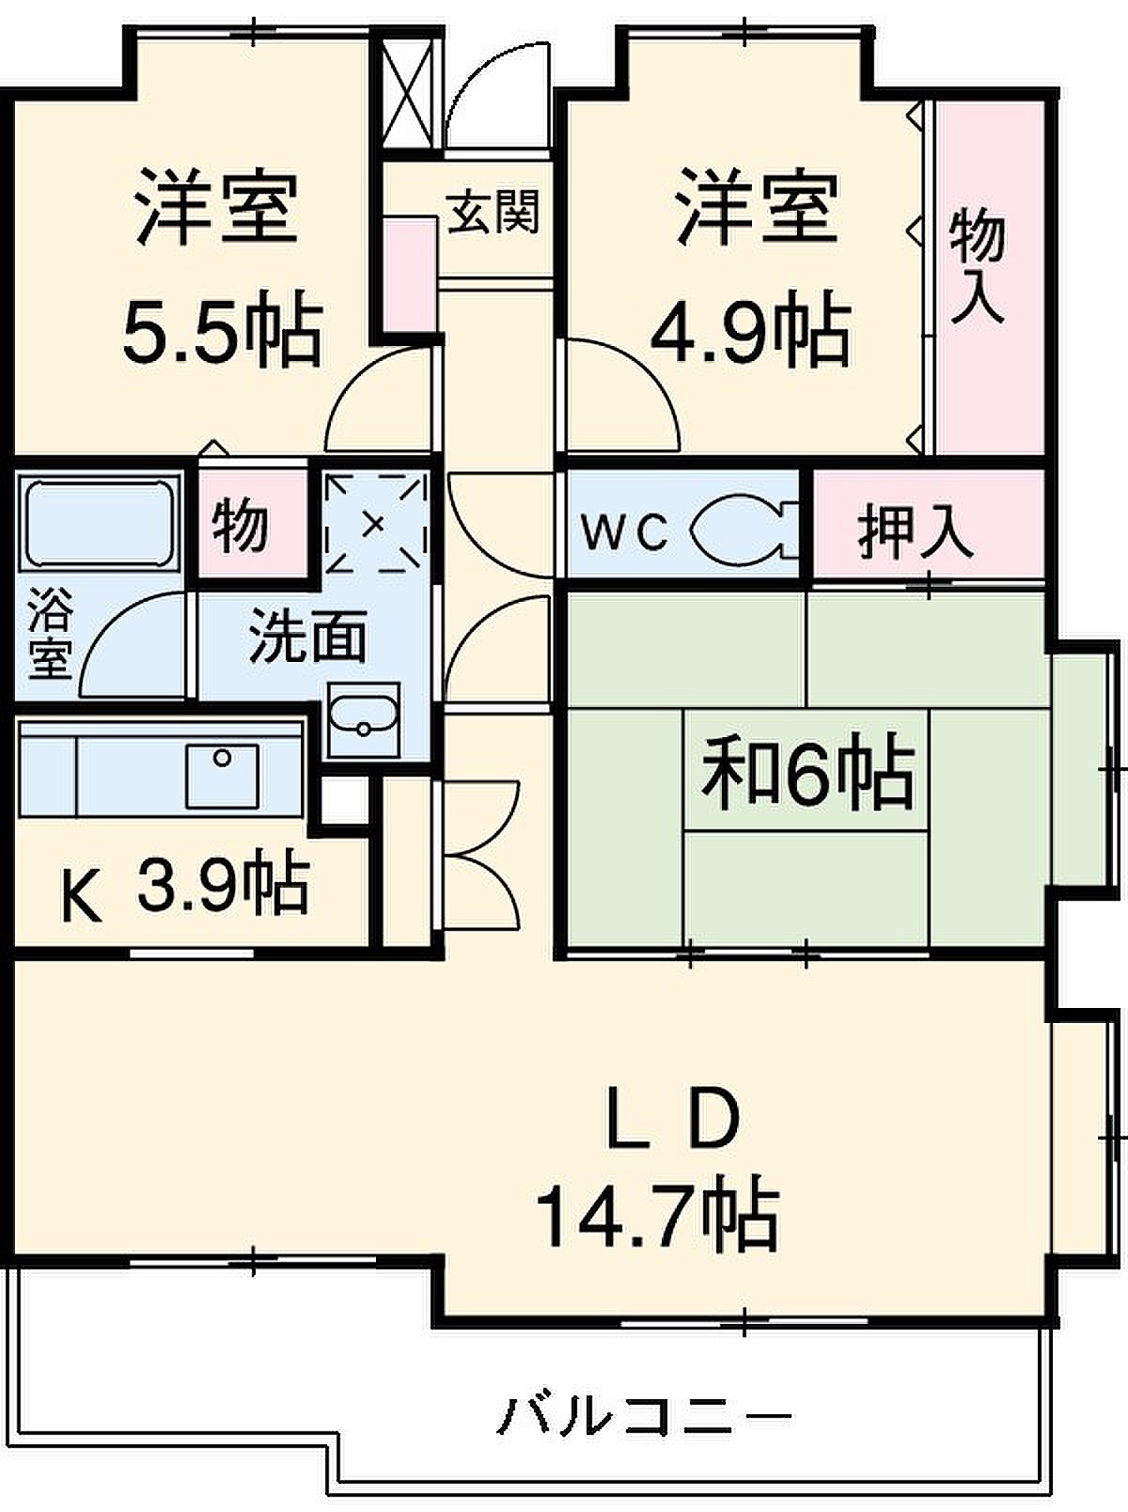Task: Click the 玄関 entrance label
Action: pyautogui.click(x=493, y=211)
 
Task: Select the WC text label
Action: pyautogui.click(x=624, y=532)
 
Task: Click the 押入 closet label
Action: pyautogui.click(x=915, y=532)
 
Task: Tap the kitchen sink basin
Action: pyautogui.click(x=223, y=775)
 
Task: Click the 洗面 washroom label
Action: pyautogui.click(x=307, y=635)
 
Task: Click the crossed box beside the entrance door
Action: pyautogui.click(x=411, y=92)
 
